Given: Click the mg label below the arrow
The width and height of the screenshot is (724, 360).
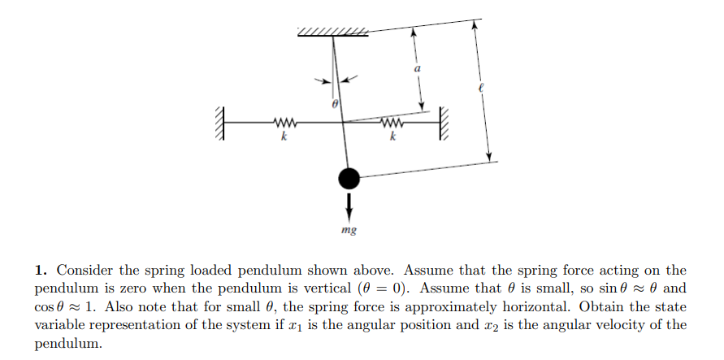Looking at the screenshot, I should point(349,230).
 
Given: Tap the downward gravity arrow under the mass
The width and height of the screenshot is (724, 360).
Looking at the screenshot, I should point(349,205).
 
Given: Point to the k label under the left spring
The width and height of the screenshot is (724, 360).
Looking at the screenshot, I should point(283,137).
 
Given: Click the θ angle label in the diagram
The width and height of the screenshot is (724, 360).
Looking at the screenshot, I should point(334,105).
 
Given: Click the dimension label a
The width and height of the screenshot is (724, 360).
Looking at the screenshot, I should point(418,71).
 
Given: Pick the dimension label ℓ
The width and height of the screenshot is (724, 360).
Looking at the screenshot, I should point(480,89).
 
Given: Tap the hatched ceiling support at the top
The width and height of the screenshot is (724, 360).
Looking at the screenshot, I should point(333,32).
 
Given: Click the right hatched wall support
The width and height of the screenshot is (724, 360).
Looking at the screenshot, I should point(444,124).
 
